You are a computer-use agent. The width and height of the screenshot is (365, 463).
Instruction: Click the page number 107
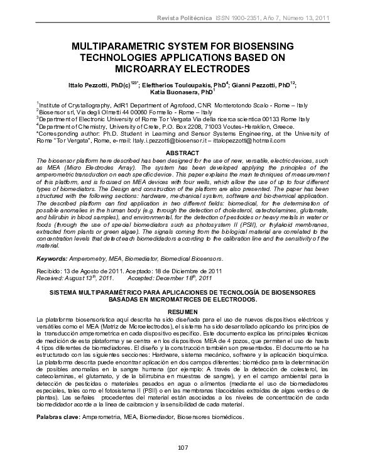pyautogui.click(x=183, y=447)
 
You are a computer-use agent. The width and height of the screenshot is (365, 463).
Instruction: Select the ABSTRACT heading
pyautogui.click(x=183, y=153)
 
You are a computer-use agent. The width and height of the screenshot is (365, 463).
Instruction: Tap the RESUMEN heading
pyautogui.click(x=183, y=312)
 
